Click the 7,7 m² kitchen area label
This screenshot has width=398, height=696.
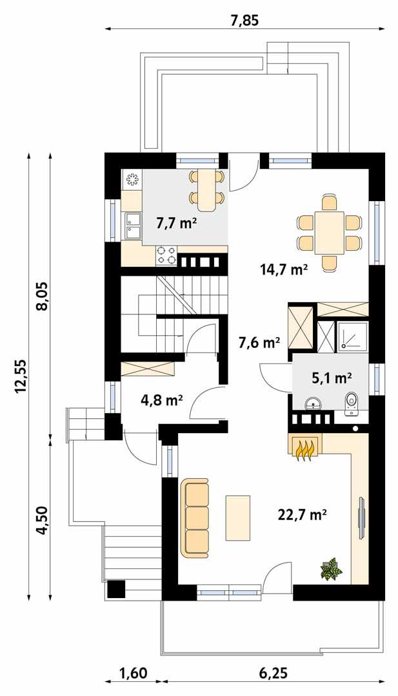click(x=176, y=224)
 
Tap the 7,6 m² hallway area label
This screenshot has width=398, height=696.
click(x=259, y=342)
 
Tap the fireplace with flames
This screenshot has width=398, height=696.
click(x=303, y=447)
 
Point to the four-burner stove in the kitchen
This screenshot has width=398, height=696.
click(x=166, y=256)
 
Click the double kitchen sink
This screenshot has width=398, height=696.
click(x=133, y=226)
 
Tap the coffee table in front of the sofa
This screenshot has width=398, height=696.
click(x=237, y=517)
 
